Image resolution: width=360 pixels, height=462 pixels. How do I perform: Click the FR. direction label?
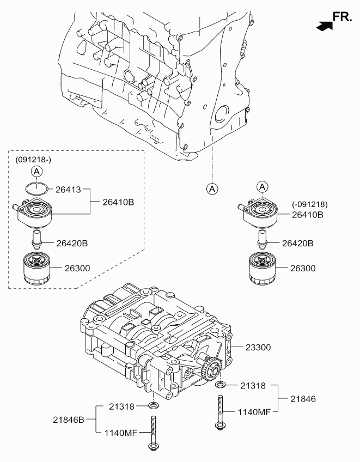342,17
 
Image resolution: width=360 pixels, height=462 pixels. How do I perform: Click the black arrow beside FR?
325,26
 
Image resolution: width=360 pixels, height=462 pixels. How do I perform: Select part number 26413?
68,190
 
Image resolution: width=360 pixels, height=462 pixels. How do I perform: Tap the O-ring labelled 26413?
36,189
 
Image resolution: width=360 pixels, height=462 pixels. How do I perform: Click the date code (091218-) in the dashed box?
33,160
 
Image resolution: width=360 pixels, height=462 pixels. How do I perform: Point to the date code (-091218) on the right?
310,204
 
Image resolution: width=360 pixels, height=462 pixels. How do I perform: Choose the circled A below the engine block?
212,189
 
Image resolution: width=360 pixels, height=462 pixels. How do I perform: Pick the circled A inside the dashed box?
36,171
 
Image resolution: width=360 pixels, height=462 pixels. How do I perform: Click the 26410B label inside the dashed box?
118,202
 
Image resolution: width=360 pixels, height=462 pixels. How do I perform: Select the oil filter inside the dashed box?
36,269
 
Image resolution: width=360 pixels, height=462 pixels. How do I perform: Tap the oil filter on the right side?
262,269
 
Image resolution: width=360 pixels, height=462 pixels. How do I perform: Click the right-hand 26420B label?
297,244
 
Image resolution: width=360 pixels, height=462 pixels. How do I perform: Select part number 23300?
258,348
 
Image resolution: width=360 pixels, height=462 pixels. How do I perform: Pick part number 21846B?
69,420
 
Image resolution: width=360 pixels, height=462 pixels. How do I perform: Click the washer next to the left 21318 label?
153,406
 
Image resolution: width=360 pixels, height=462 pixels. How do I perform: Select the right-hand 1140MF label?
254,412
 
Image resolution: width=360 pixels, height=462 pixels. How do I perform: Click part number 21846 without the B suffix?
303,399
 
